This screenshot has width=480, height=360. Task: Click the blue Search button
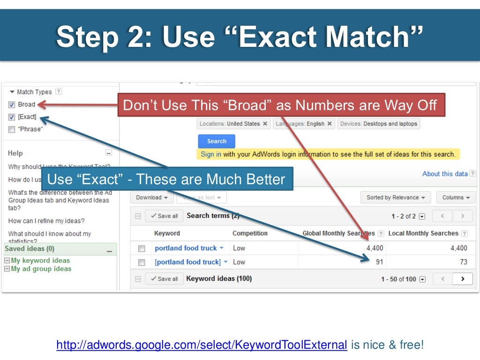coord(217,141)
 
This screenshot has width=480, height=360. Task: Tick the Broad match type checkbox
coord(12,105)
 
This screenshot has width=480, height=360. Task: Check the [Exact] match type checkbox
coord(12,117)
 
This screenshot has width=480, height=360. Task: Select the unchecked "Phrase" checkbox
coord(12,129)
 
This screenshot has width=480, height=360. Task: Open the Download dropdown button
coord(152,197)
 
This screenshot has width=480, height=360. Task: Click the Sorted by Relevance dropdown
coord(396,197)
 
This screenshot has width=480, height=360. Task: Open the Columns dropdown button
coord(456,197)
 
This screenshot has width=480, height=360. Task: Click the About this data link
coord(445,174)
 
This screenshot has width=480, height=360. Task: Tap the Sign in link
coord(211,154)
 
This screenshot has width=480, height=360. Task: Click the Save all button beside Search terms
coord(164,216)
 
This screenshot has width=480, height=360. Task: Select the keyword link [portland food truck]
coord(187,262)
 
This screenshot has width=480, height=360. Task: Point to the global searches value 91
coord(379,262)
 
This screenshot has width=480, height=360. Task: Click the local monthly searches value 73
coord(463,262)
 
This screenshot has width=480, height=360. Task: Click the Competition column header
coord(250,233)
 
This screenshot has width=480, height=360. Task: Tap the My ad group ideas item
coord(41,269)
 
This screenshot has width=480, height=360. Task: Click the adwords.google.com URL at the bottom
coord(202,345)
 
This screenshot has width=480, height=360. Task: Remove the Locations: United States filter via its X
coord(265,124)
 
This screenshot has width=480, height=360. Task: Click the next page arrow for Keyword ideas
coord(463,279)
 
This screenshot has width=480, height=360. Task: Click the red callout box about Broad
coord(280,105)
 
